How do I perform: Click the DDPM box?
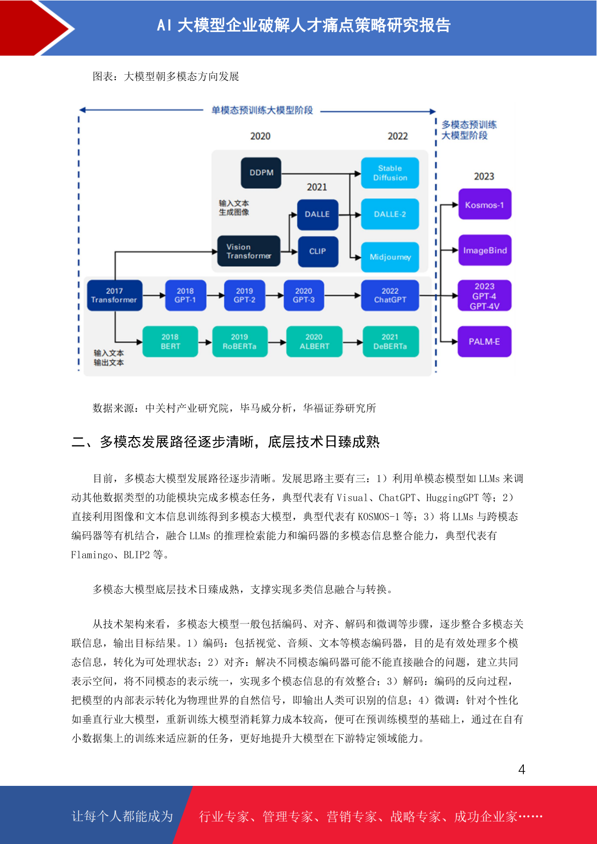pos(261,172)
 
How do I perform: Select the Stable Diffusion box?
pos(389,172)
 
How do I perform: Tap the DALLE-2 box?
pos(389,214)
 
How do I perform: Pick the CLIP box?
pos(318,251)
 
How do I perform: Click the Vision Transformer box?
pos(249,251)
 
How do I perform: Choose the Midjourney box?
pos(389,257)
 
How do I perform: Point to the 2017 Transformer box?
pos(115,295)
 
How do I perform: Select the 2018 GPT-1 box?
pos(185,295)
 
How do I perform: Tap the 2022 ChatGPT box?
pos(389,295)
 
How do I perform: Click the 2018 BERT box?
pos(170,341)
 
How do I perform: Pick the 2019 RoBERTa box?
pos(240,341)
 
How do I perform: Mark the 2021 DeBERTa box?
pos(390,341)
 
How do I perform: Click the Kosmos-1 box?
pos(484,204)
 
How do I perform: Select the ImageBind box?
pos(485,250)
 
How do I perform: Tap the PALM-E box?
pos(484,341)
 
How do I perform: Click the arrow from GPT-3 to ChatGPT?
pos(342,296)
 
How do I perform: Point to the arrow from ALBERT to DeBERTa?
pos(353,342)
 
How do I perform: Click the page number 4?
pos(522,769)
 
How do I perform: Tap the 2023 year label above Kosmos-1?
pos(484,176)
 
